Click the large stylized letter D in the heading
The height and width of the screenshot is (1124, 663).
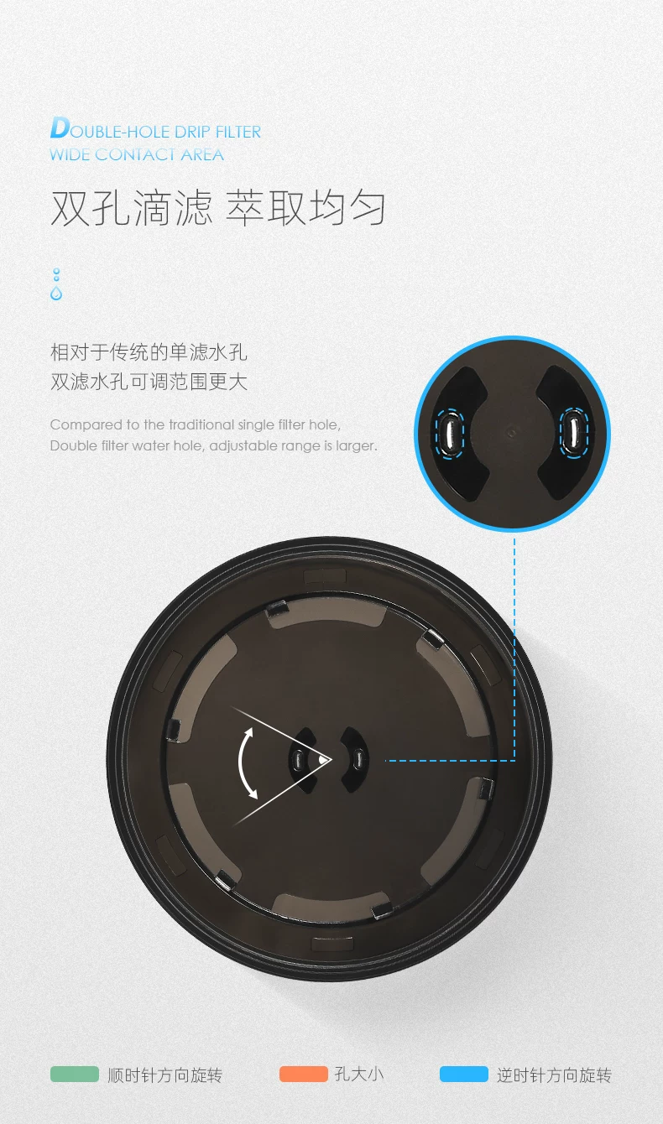point(60,127)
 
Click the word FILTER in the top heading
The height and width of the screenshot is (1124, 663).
point(238,132)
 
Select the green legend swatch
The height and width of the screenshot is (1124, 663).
point(75,1074)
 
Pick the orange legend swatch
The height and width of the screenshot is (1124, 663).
point(304,1074)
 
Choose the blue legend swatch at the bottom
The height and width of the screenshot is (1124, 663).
point(464,1074)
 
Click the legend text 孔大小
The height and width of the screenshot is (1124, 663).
point(359,1075)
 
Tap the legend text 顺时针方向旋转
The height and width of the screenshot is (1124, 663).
point(165,1075)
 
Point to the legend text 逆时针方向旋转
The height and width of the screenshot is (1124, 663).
point(554,1075)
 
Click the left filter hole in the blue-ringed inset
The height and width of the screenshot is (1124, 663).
point(450,433)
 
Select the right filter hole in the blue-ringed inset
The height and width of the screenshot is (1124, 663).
point(574,433)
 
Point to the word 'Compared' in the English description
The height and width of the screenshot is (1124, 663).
point(86,425)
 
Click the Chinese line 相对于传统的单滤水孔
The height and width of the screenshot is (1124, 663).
point(149,352)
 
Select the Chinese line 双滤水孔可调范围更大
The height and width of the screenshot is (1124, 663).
point(149,382)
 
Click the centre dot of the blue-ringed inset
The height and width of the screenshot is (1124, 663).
point(511,431)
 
